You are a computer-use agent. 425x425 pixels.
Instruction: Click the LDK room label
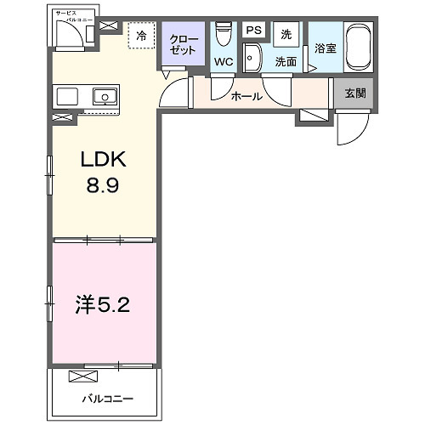[105, 160]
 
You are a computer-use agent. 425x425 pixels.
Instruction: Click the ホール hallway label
[246, 96]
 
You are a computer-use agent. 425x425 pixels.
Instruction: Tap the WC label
[224, 62]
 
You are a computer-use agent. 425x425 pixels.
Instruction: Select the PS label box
[252, 30]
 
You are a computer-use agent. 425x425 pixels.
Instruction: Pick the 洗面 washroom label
[285, 62]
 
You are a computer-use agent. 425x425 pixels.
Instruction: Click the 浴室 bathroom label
[325, 48]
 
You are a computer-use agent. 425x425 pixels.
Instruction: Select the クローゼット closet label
[184, 44]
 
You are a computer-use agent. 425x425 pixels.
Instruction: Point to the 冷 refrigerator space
[141, 37]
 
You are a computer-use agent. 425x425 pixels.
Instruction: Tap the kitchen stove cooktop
[67, 95]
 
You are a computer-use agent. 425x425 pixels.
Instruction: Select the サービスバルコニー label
[68, 15]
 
